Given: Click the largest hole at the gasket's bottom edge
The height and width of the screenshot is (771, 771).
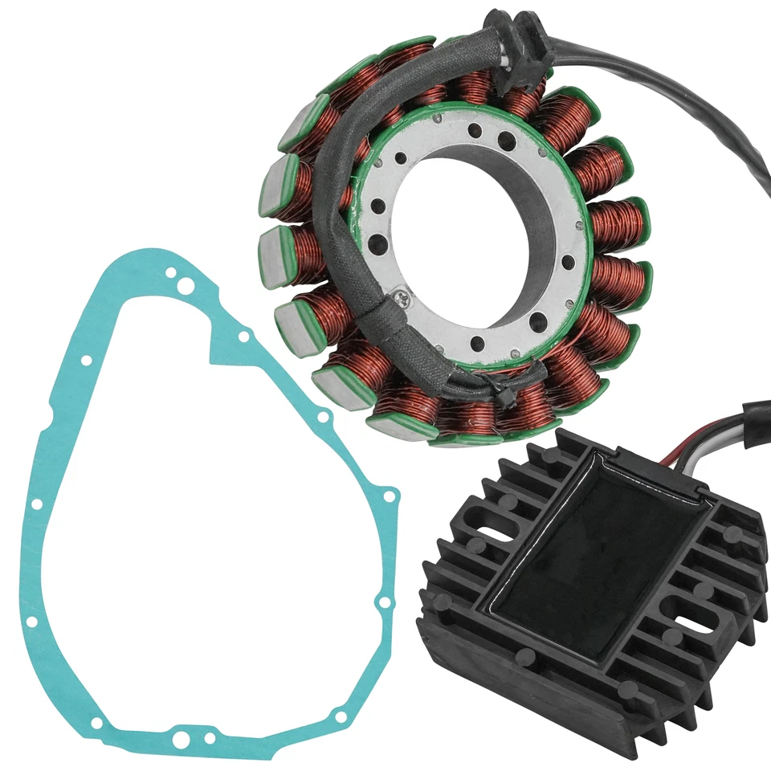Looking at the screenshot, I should [x=183, y=738].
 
